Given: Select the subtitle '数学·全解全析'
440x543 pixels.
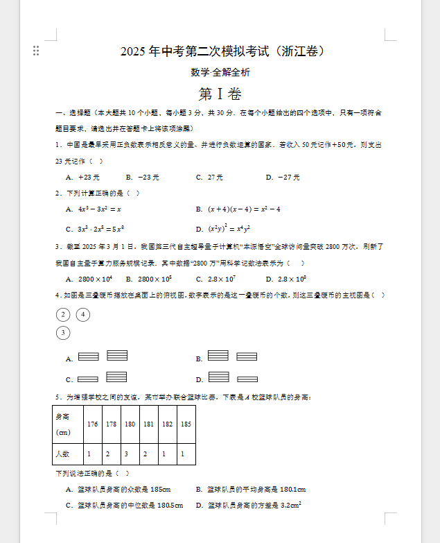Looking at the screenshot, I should (x=220, y=72).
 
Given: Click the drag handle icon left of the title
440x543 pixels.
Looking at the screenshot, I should (x=36, y=51).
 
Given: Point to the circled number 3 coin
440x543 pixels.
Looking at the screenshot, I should (x=63, y=333).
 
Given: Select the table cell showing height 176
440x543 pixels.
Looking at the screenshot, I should (x=92, y=423).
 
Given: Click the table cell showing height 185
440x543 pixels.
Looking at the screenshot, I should (x=186, y=423).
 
